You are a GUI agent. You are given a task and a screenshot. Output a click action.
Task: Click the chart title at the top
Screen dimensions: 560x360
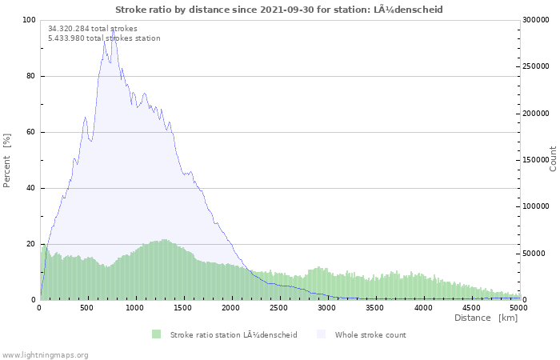(x=279, y=10)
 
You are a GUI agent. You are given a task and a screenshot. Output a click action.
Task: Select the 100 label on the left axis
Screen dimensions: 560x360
(x=29, y=20)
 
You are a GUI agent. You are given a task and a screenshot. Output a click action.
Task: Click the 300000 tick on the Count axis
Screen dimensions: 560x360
(x=536, y=20)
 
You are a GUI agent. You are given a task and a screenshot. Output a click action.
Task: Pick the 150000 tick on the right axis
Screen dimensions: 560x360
(x=536, y=160)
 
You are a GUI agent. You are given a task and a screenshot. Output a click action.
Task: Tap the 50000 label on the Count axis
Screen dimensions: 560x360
(x=534, y=254)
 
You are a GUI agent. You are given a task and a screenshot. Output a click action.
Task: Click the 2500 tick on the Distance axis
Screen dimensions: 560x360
(x=278, y=308)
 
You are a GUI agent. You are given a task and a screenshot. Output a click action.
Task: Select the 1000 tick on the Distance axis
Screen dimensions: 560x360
(x=134, y=308)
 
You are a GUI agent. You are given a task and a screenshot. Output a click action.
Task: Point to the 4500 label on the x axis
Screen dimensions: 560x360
(x=471, y=308)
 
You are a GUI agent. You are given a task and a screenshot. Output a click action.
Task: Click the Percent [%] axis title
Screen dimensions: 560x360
(x=6, y=161)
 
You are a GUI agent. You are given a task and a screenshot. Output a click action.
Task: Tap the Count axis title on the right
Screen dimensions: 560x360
(x=553, y=159)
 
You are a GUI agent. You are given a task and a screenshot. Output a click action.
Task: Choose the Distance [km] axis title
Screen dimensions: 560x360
(x=486, y=318)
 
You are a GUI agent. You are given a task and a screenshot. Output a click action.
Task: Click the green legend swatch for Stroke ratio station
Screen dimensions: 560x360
(x=157, y=334)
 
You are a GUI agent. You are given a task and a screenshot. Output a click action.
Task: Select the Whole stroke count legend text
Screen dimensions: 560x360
(x=370, y=335)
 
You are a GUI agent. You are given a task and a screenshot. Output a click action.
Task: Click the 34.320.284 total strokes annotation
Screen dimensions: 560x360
(x=93, y=29)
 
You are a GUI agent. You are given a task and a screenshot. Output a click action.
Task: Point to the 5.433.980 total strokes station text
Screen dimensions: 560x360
(x=104, y=38)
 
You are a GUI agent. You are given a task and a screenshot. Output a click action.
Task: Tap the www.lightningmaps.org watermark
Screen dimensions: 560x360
(x=44, y=355)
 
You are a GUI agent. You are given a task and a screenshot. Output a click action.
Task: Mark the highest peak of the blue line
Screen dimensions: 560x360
(x=113, y=28)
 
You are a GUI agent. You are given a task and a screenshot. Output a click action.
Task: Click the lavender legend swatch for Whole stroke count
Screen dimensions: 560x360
(x=322, y=334)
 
